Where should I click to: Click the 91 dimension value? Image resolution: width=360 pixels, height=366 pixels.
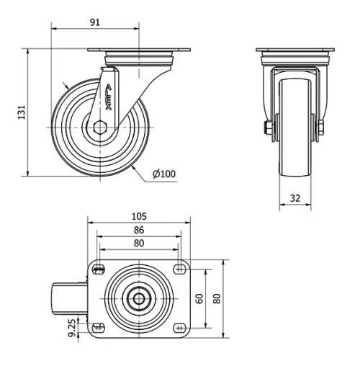pyautogui.click(x=94, y=22)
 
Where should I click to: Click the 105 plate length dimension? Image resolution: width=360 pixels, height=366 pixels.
pyautogui.click(x=139, y=216)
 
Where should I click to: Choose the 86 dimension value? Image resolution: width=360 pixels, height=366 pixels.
pyautogui.click(x=139, y=230)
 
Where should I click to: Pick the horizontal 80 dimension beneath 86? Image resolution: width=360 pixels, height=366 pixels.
pyautogui.click(x=139, y=243)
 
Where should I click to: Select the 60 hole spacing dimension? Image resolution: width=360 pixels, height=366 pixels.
pyautogui.click(x=200, y=298)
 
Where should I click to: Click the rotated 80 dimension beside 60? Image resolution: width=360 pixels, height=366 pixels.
pyautogui.click(x=216, y=298)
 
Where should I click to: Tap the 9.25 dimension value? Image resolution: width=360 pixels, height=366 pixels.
pyautogui.click(x=72, y=329)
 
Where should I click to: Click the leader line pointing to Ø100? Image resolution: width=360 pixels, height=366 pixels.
pyautogui.click(x=143, y=169)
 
